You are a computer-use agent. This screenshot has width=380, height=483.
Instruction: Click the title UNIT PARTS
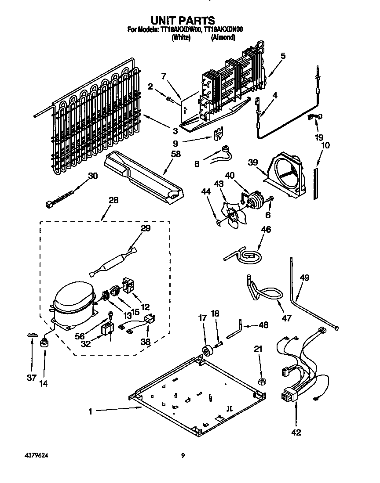click(183, 20)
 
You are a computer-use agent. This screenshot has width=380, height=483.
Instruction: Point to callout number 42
click(296, 433)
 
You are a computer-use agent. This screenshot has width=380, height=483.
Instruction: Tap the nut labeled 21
click(260, 380)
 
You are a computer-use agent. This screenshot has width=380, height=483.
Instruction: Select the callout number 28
click(113, 201)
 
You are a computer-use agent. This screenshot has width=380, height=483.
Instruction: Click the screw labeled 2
click(170, 100)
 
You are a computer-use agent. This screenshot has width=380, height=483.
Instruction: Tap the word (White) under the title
click(181, 38)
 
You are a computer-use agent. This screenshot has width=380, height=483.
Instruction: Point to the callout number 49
click(304, 278)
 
